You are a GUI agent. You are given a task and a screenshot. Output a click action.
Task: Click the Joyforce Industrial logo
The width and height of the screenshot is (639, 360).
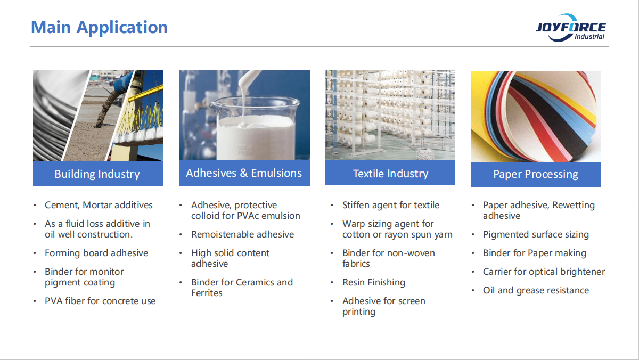pyautogui.click(x=570, y=28)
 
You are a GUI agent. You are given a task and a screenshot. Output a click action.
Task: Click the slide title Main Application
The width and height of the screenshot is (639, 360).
pyautogui.click(x=99, y=27)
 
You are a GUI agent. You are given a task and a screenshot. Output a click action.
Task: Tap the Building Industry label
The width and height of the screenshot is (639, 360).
pyautogui.click(x=97, y=174)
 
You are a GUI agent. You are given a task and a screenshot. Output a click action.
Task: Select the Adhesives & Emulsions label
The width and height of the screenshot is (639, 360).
pyautogui.click(x=244, y=173)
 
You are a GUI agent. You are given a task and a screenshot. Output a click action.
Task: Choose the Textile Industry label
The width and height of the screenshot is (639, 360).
pyautogui.click(x=390, y=174)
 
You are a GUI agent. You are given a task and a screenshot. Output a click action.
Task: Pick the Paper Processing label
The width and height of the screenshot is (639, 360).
pyautogui.click(x=536, y=174)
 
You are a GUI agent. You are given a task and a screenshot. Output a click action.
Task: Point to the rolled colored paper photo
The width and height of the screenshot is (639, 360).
pyautogui.click(x=536, y=117)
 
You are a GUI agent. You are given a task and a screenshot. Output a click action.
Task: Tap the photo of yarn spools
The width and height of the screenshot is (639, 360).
pyautogui.click(x=390, y=114)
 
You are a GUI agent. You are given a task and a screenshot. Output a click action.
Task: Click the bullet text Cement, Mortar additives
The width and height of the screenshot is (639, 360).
pyautogui.click(x=99, y=205)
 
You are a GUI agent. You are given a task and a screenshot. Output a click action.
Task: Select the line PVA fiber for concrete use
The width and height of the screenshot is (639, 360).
pyautogui.click(x=100, y=301)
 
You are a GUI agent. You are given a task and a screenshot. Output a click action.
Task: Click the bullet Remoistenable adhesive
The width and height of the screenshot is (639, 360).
pyautogui.click(x=242, y=234)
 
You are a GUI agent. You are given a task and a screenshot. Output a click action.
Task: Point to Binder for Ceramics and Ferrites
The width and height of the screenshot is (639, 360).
pyautogui.click(x=242, y=288)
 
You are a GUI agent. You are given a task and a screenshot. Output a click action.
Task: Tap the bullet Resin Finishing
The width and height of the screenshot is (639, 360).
pyautogui.click(x=374, y=282)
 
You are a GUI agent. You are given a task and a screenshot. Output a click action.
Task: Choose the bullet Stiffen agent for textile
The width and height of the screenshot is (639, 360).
pyautogui.click(x=391, y=205)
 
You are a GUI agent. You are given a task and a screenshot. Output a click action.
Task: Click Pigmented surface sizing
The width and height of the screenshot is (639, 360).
pyautogui.click(x=536, y=234)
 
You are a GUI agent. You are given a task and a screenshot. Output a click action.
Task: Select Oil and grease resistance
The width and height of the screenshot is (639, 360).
pyautogui.click(x=536, y=290)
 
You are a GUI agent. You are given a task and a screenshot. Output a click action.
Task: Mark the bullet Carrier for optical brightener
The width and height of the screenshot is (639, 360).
pyautogui.click(x=544, y=272)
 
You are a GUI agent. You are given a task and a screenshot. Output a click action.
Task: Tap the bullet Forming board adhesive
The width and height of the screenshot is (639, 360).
pyautogui.click(x=96, y=253)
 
